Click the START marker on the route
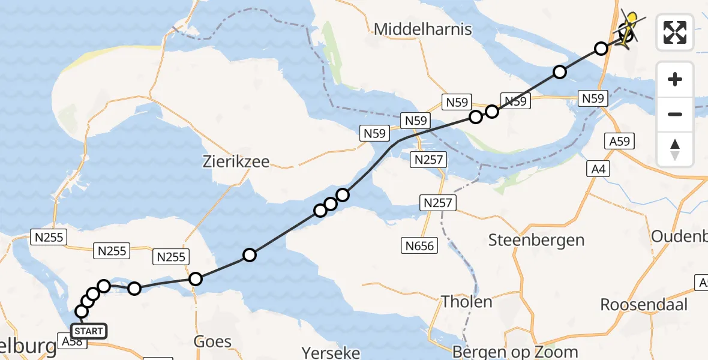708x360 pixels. pos(89,331)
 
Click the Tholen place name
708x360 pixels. pos(467,302)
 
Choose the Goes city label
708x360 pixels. pos(212,341)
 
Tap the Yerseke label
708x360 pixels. pos(331,352)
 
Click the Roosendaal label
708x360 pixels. pos(644,304)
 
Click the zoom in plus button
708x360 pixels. pos(675,79)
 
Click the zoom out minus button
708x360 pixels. pos(675,114)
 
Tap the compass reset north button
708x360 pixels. pos(675,149)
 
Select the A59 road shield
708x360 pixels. pos(620,141)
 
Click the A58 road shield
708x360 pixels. pos(72,341)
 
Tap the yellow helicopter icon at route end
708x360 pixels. pos(628,28)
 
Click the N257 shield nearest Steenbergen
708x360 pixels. pos(437,203)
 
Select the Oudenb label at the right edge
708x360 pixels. pos(679,236)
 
